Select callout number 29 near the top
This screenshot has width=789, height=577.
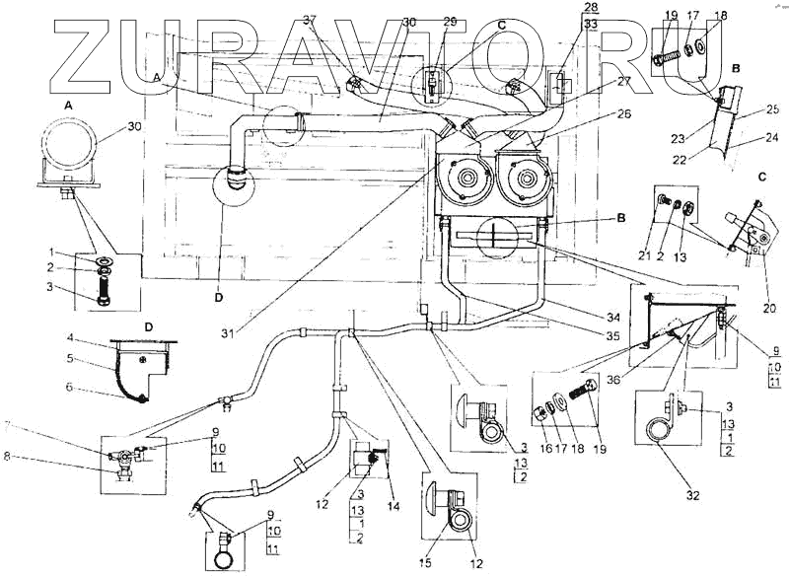[450, 21]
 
